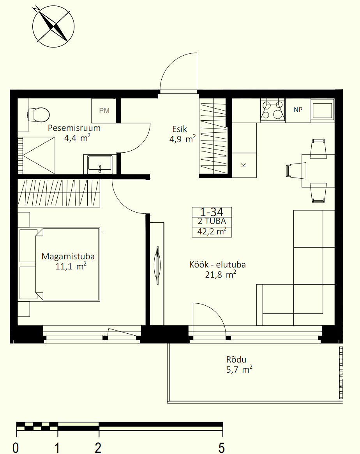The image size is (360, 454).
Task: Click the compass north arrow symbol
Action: (x=53, y=26)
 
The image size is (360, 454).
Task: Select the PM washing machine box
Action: (x=104, y=111)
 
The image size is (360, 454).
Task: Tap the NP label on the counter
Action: (x=298, y=110)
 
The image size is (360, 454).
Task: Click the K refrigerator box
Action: (x=244, y=165)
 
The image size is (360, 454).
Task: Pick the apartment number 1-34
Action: (x=212, y=212)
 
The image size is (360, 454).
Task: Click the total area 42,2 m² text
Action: (x=212, y=232)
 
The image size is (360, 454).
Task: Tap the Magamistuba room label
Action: (x=68, y=256)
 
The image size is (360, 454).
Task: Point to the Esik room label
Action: (x=180, y=129)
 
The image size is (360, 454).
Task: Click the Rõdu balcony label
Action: (x=236, y=360)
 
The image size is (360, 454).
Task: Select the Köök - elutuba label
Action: (x=217, y=264)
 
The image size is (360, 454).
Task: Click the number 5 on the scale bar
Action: (x=222, y=448)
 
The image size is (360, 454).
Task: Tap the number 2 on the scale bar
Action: (x=98, y=448)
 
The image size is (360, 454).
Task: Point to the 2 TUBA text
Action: (x=212, y=222)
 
